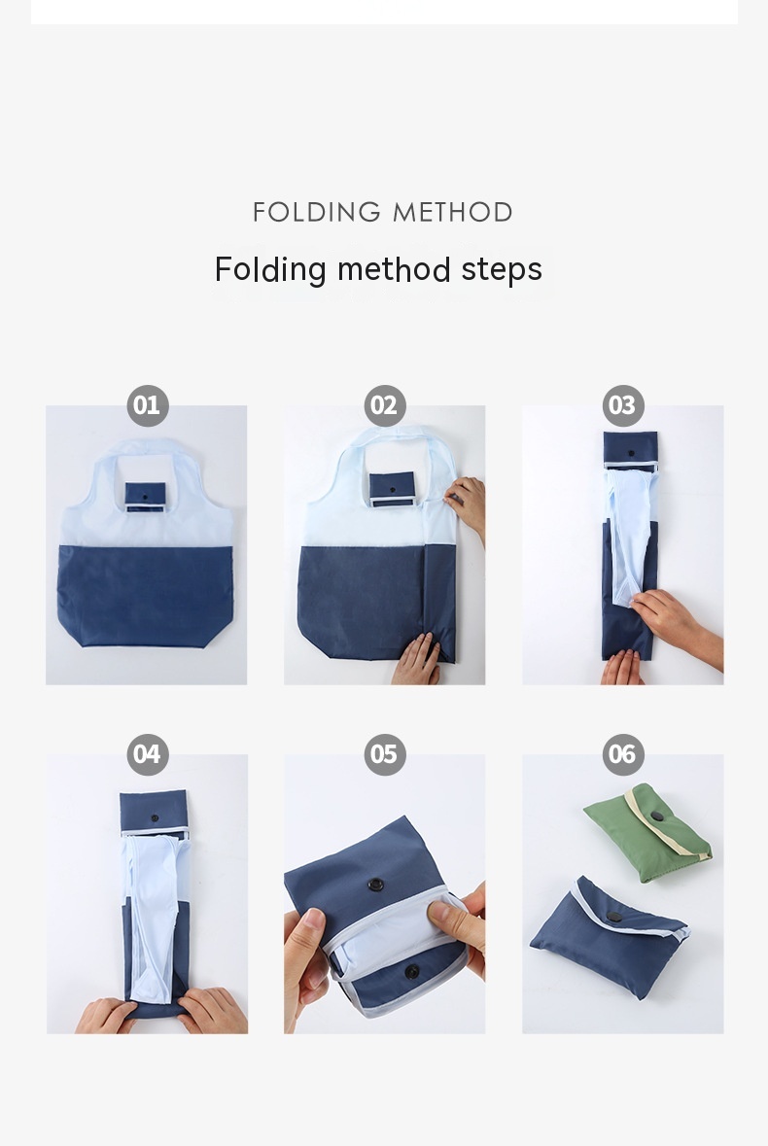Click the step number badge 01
click(148, 405)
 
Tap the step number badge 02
click(385, 405)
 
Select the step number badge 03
click(623, 405)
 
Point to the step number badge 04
click(148, 754)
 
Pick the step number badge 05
click(385, 754)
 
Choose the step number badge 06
click(623, 754)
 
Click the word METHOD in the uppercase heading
click(452, 213)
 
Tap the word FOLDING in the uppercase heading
click(316, 213)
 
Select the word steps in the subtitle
click(502, 269)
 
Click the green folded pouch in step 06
click(648, 833)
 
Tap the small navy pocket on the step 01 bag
click(146, 497)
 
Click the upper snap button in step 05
click(375, 885)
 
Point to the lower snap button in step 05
click(412, 971)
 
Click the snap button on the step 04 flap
click(155, 818)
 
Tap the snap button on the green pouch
click(657, 816)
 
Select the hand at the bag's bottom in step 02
click(416, 660)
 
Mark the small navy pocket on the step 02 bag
click(392, 489)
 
